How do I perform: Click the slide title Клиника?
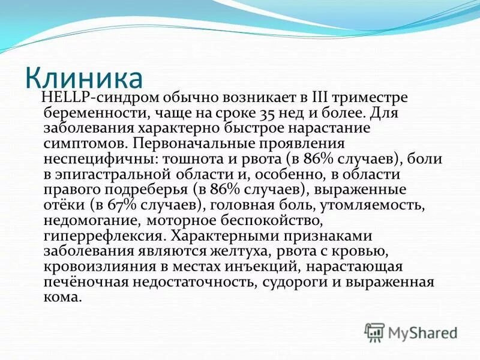pyautogui.click(x=84, y=79)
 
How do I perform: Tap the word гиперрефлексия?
pyautogui.click(x=102, y=237)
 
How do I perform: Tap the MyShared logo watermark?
pyautogui.click(x=412, y=332)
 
